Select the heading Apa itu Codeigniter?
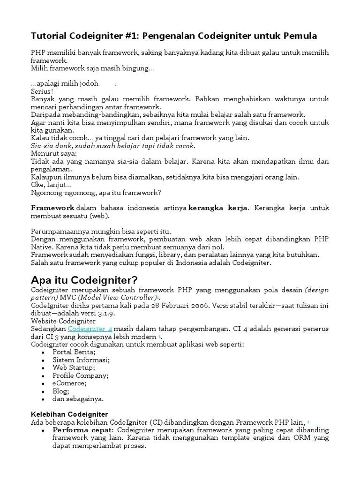pos(84,280)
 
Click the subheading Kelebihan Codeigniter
pos(69,414)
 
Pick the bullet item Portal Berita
pos(74,352)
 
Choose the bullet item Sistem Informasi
pos(81,360)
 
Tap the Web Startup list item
pos(74,368)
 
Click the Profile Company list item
pos(80,376)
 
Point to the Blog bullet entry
pos(61,391)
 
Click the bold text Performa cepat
pos(82,430)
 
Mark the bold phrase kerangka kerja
pos(217,208)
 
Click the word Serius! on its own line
pos(42,91)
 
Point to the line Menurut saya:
pos(54,153)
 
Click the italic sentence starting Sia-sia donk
pos(112,146)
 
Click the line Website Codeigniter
pos(63,322)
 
